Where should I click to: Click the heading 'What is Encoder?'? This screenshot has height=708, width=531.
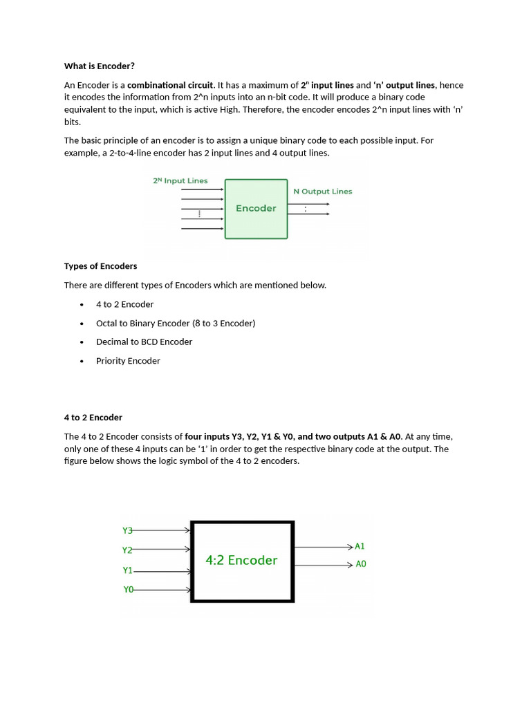[x=100, y=66]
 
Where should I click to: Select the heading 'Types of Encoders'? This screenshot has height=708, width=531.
[x=100, y=266]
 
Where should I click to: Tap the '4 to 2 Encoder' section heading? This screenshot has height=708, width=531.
[x=93, y=418]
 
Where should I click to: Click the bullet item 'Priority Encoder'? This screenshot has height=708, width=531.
[x=128, y=361]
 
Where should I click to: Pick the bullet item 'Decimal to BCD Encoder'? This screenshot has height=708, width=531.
[x=144, y=342]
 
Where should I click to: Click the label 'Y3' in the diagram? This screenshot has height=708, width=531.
[x=127, y=531]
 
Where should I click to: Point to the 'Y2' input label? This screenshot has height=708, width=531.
[x=127, y=550]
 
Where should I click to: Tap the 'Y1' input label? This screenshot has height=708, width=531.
[x=127, y=570]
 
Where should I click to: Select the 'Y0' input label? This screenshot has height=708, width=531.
[x=128, y=590]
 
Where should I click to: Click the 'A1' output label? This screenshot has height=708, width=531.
[x=360, y=546]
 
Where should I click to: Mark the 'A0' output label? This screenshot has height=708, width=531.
[x=361, y=564]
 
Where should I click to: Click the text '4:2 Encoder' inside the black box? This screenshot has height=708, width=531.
[x=241, y=561]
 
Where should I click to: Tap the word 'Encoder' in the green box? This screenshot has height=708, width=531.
[x=256, y=208]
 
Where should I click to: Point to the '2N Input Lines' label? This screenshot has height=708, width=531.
[x=180, y=180]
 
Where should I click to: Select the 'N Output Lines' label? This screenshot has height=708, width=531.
[x=322, y=192]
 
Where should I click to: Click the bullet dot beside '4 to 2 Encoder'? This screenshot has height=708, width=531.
[x=82, y=304]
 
